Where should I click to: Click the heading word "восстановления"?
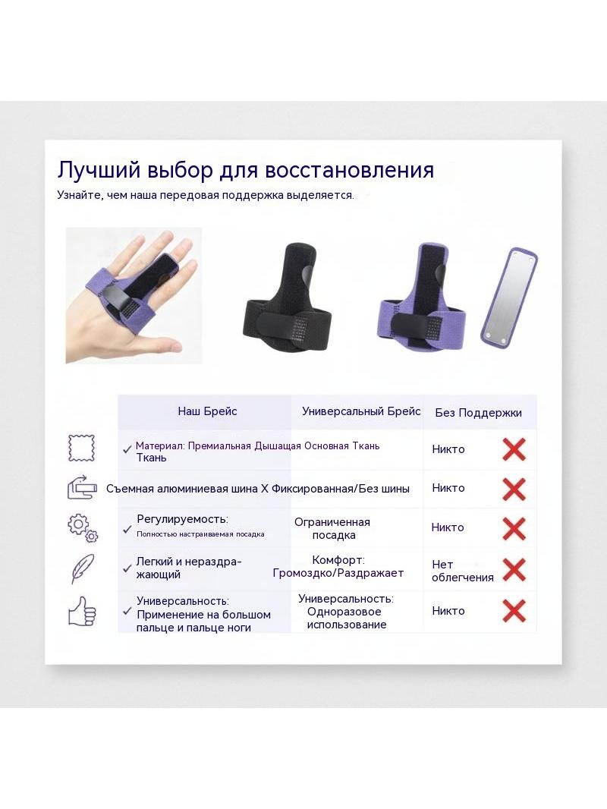[350, 170]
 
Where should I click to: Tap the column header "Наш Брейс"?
[207, 411]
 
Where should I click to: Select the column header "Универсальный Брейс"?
[361, 411]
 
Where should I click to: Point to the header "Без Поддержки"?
[478, 413]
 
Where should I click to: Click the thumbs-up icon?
[83, 612]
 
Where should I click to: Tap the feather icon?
[83, 568]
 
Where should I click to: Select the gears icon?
[83, 527]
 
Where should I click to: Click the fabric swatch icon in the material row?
[81, 448]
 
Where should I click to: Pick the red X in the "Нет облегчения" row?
[514, 570]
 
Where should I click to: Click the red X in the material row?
[514, 449]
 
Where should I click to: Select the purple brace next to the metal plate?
[422, 297]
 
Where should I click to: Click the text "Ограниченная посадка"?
[332, 528]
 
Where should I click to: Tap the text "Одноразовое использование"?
[346, 618]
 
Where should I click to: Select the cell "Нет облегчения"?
[463, 571]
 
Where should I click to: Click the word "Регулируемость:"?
[182, 519]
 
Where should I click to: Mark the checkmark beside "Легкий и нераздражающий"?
[127, 568]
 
